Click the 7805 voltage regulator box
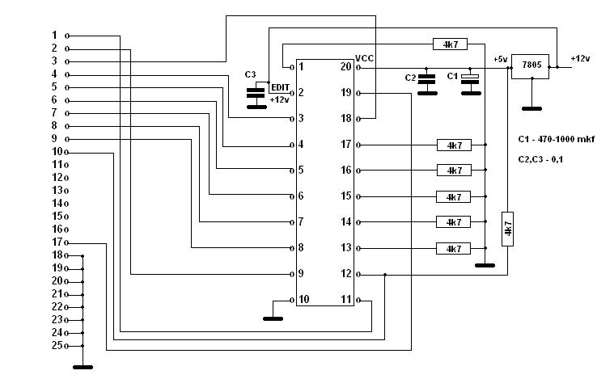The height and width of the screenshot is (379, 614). click(531, 65)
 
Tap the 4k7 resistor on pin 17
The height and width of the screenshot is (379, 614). click(454, 145)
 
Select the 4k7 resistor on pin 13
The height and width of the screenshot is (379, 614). click(454, 248)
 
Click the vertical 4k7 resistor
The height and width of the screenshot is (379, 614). click(507, 229)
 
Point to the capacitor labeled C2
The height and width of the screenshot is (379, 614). click(426, 82)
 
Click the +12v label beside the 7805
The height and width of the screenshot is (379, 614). click(580, 58)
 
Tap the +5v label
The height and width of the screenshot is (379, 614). click(500, 59)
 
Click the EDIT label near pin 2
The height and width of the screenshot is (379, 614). click(280, 86)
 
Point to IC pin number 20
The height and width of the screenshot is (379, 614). click(346, 67)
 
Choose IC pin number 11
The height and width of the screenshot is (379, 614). click(346, 300)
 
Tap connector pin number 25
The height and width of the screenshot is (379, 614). click(57, 346)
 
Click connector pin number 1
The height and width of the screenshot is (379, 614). click(55, 35)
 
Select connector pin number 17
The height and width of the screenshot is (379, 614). click(57, 242)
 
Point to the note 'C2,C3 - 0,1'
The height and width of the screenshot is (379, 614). click(541, 159)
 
